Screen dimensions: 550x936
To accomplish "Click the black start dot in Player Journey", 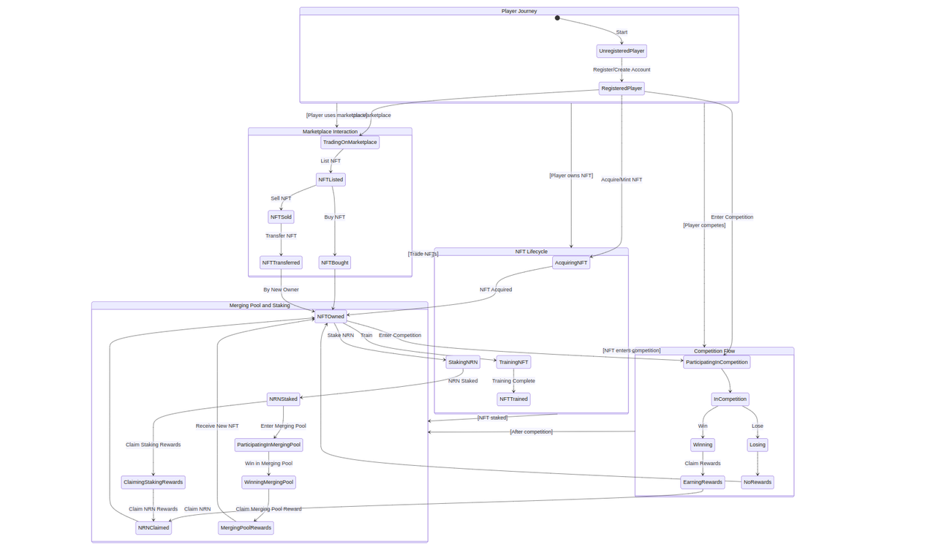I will point(557,18).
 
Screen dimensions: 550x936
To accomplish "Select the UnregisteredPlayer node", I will point(622,51).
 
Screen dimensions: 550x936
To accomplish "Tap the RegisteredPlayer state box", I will point(622,88).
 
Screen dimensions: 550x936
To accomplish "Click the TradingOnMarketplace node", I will point(350,143).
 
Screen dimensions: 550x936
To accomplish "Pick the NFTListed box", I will point(331,180).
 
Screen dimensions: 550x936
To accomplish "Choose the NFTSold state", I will point(281,217).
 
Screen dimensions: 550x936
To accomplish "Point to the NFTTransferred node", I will point(281,263).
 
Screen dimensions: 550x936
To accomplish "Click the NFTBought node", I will point(334,263).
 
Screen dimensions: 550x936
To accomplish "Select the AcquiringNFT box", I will point(570,263).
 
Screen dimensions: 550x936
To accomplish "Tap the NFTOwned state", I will point(331,317).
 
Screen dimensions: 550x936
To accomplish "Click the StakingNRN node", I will point(463,362).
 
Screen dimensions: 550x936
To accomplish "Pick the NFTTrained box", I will point(513,399).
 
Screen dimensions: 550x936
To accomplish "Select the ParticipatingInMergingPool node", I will point(268,445).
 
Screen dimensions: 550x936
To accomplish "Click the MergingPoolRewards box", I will point(246,528).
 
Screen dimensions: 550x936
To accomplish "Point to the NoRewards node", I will point(757,482).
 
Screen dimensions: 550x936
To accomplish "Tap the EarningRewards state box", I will point(702,482).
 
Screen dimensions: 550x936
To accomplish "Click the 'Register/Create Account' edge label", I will point(622,70).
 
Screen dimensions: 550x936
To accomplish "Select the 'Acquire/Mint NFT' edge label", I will point(622,180).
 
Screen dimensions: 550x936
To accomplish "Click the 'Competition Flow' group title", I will point(714,351).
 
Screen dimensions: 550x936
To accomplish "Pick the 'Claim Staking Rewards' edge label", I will point(153,445).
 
